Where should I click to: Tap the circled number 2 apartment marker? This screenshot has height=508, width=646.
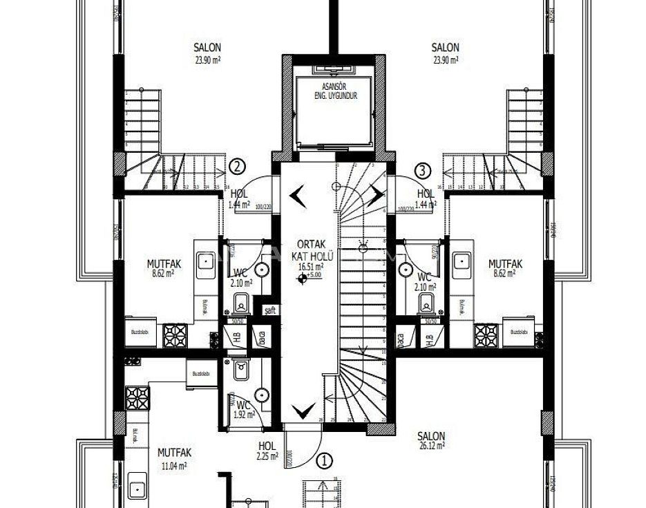click(x=237, y=167)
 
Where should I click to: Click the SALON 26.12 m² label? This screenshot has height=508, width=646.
click(x=431, y=440)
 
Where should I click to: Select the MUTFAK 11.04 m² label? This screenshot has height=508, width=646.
click(x=174, y=458)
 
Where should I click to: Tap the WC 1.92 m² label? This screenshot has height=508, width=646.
click(x=243, y=409)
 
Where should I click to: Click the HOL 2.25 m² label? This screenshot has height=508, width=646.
click(x=267, y=451)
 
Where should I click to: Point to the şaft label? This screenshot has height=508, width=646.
click(x=269, y=311)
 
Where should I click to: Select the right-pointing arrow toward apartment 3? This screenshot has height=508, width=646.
click(x=377, y=195)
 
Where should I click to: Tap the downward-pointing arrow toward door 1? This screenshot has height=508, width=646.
click(x=301, y=411)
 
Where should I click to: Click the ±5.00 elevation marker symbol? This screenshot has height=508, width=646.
click(x=302, y=279)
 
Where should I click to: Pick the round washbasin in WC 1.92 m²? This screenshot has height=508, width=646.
click(x=263, y=395)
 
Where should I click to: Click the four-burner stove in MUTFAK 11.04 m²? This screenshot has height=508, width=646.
click(x=137, y=399)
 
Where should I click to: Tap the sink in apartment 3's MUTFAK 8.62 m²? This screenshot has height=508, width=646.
click(x=461, y=261)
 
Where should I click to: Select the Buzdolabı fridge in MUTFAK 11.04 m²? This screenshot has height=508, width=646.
click(x=201, y=373)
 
